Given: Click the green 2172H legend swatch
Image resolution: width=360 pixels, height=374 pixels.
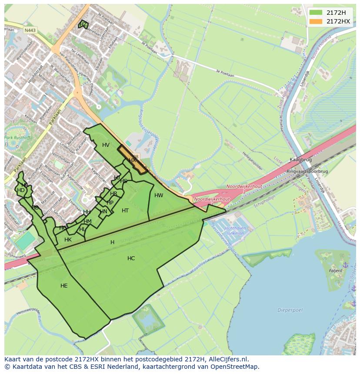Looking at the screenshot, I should coord(316,13).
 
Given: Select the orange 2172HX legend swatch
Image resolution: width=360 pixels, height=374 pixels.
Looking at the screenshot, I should coord(316,21).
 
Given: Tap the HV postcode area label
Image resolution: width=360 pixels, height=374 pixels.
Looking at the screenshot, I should coord(106,145).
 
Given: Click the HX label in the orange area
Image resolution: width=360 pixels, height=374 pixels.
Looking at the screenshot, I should coord(132,160).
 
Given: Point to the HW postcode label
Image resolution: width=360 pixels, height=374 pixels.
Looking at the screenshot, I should coord(159,195).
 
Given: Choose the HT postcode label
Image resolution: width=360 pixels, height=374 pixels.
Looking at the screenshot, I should coord(125,211).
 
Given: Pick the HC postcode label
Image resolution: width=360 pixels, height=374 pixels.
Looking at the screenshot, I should coord(131,258).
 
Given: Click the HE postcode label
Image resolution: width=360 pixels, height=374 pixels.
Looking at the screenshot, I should coord(64,286).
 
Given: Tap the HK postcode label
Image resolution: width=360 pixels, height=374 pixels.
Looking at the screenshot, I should coord(68,240).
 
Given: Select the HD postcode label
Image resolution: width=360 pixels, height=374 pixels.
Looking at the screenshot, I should coord(21,190).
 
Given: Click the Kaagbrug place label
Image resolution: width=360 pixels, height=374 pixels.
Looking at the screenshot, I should coord(299,160).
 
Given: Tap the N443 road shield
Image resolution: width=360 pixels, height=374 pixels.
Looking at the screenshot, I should coord(30,30).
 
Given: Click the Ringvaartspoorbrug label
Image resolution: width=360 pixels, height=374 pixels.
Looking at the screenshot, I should coord(307,171).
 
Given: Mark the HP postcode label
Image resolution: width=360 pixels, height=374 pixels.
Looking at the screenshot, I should coord(110,203).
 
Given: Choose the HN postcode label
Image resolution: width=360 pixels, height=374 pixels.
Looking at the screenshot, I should coord(103,212).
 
